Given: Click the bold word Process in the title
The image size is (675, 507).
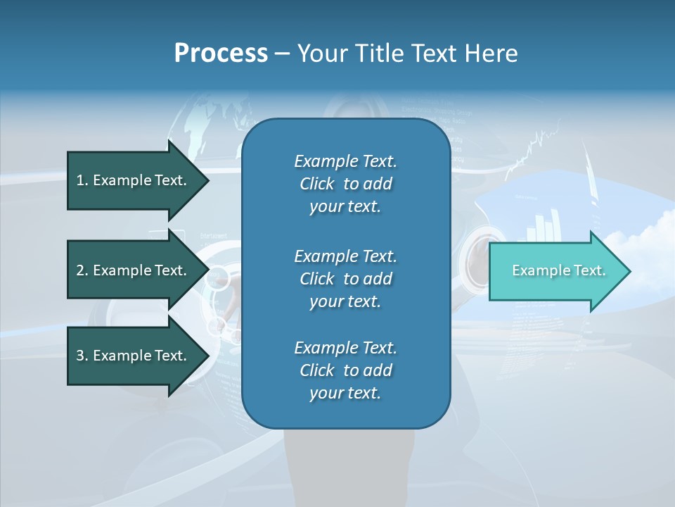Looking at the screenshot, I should click(x=221, y=54).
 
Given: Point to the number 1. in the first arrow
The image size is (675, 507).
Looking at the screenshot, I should click(x=82, y=180).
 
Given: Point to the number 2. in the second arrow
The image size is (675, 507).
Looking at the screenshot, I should click(x=82, y=270).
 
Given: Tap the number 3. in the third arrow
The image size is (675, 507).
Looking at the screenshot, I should click(x=82, y=356).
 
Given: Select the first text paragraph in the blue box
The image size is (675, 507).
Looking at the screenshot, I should click(x=345, y=184).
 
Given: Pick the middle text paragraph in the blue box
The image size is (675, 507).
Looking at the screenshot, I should click(x=345, y=278).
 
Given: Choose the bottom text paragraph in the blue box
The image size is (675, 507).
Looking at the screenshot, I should click(x=345, y=370).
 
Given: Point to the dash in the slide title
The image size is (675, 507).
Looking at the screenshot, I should click(x=282, y=54).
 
